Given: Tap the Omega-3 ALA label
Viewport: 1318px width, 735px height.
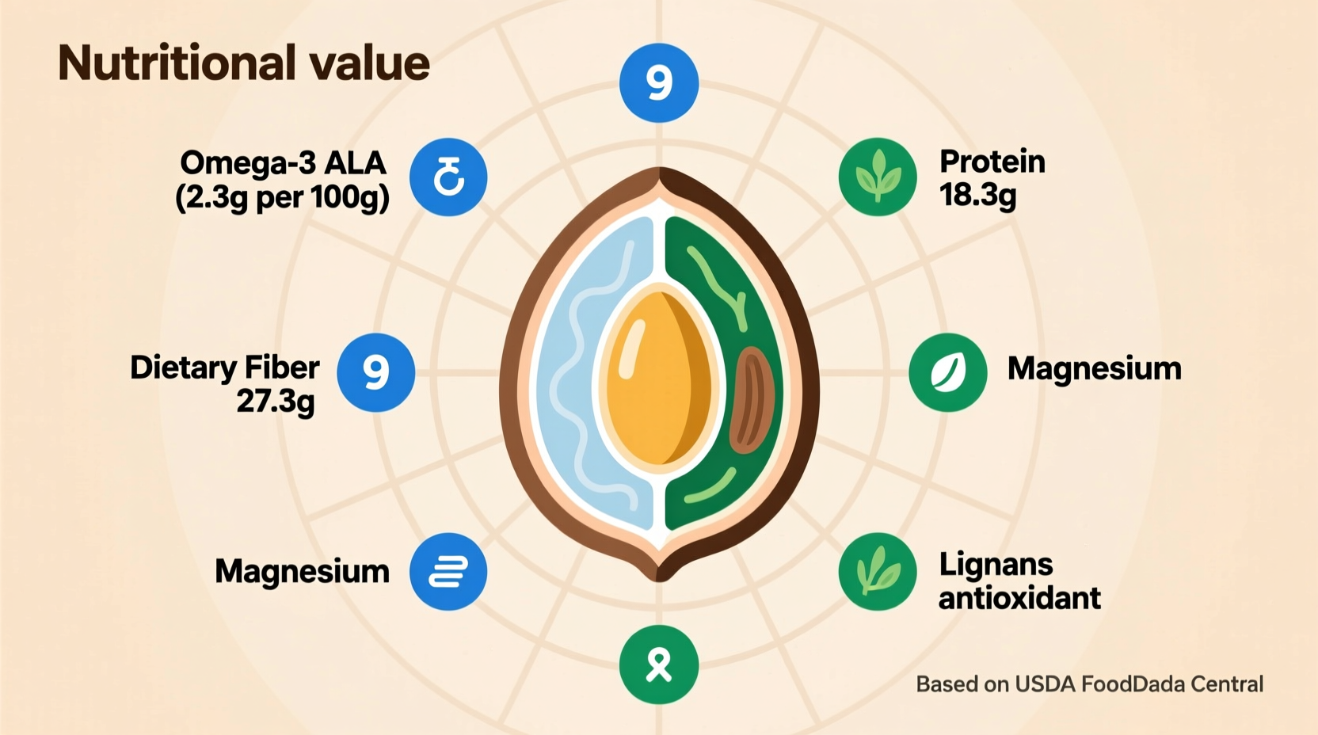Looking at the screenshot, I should tap(283, 163).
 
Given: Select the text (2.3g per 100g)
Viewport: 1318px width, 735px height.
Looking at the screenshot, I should tap(282, 197).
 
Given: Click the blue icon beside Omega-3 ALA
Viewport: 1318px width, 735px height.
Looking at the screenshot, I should tap(448, 177).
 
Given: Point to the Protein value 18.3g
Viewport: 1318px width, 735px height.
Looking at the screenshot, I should tap(977, 195).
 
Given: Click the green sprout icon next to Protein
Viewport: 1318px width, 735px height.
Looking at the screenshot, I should tap(878, 177).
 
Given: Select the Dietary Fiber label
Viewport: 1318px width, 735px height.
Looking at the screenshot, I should tap(225, 367).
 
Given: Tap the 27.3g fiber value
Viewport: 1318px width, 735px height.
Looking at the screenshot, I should tap(276, 402).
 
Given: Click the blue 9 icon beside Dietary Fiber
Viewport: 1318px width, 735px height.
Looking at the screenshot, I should tap(376, 372).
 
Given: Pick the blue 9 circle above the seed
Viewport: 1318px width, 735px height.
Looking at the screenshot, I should tap(659, 83).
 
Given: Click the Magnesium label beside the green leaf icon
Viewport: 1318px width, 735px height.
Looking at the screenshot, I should tap(1094, 369).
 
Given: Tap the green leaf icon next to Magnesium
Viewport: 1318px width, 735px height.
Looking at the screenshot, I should tap(948, 372).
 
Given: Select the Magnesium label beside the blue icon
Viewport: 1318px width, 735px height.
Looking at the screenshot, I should tap(302, 571).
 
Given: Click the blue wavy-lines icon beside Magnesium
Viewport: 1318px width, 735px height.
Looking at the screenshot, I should tap(448, 572).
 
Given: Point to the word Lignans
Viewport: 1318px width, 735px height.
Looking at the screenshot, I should tap(996, 565).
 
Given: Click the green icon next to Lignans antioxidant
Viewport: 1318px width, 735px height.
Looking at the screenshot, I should tap(878, 572).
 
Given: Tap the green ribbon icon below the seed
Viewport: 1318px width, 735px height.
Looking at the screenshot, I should tap(659, 665).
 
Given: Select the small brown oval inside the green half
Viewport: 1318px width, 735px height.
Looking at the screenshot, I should tap(749, 400).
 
